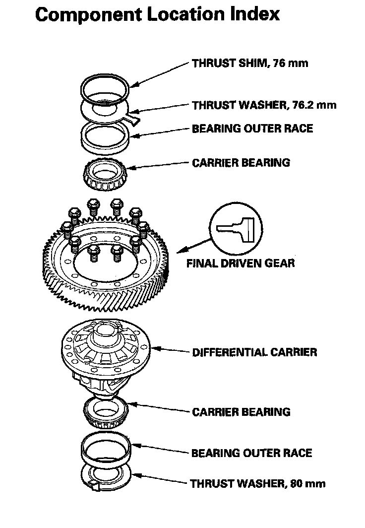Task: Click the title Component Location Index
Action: tap(158, 15)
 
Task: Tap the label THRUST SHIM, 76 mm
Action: tap(250, 64)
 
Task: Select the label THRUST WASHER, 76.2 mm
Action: tap(264, 105)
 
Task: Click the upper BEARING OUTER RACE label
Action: tap(252, 129)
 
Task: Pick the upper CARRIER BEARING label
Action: tap(241, 162)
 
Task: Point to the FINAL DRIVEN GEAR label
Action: tap(240, 263)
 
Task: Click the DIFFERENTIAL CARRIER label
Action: tap(254, 352)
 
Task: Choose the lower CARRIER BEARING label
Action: tap(241, 412)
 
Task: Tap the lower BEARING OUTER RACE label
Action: tap(251, 453)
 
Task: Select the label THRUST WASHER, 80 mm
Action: tap(258, 483)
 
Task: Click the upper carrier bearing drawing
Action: tap(106, 176)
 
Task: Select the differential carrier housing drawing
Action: tap(107, 352)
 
